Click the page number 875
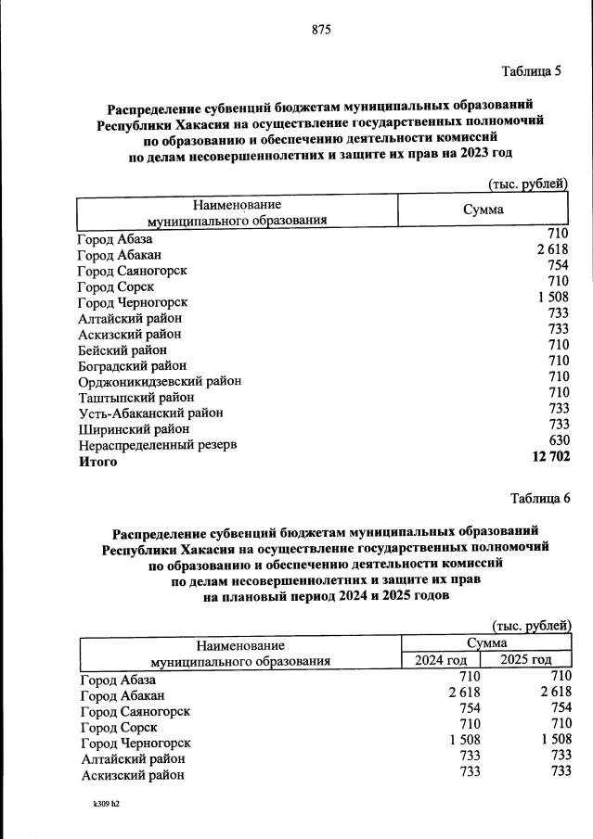(x=321, y=30)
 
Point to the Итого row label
(x=97, y=462)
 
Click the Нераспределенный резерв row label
(x=157, y=445)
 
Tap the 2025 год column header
(x=525, y=660)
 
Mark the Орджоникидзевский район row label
(x=160, y=381)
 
